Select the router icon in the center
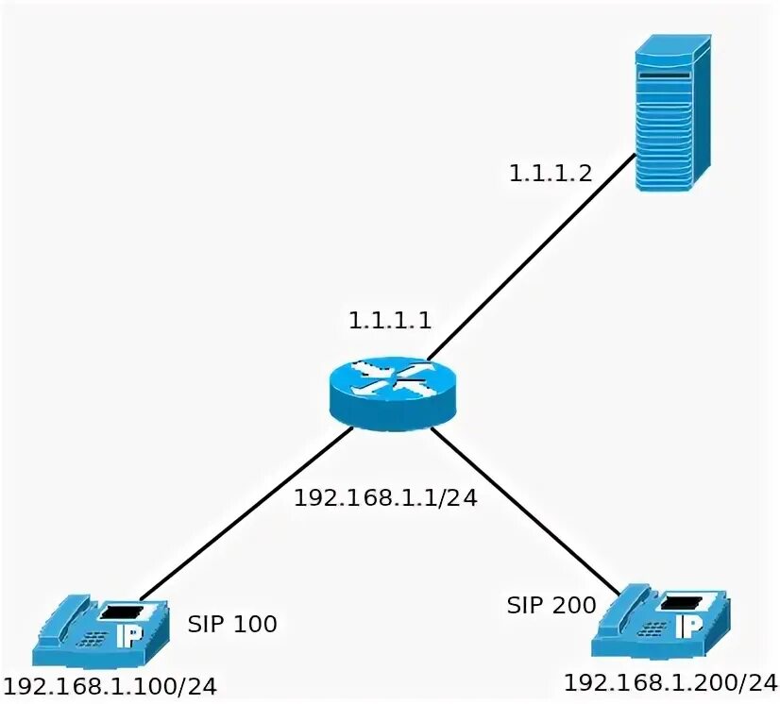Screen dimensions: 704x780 [x=392, y=391]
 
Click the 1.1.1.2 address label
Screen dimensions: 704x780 [x=550, y=173]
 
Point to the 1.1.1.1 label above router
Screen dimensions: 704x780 [x=390, y=320]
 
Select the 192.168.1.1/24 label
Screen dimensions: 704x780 [x=384, y=497]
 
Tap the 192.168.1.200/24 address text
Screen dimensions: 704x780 [x=670, y=681]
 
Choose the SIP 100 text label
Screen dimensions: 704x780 [x=232, y=624]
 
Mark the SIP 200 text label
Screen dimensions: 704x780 [x=551, y=605]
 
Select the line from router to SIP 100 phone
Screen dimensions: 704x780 [x=246, y=514]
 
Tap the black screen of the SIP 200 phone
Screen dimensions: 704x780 [x=680, y=600]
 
